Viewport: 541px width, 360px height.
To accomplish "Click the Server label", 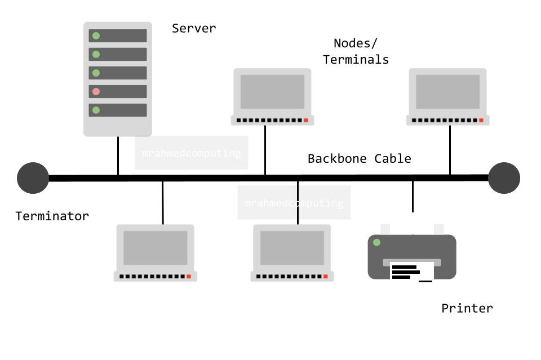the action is (x=193, y=28).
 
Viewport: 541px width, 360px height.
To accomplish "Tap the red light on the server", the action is (x=96, y=91).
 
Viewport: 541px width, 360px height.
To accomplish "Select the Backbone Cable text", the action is (x=359, y=158).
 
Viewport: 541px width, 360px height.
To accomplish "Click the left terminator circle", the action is (x=33, y=178).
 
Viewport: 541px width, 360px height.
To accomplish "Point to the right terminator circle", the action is (x=504, y=178).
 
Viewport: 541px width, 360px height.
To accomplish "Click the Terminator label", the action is (x=52, y=216).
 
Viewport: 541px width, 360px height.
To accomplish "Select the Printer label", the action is (x=467, y=308).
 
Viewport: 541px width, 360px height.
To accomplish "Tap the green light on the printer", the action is (x=376, y=243).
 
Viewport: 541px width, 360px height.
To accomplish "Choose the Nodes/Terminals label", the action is (x=356, y=51).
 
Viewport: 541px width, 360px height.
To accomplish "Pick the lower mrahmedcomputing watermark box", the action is (x=294, y=203).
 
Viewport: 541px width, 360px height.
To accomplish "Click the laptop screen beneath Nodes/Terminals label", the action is (x=272, y=91).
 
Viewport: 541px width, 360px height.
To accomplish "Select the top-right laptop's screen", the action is (x=447, y=91).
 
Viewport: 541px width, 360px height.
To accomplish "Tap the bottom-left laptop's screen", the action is (x=155, y=247).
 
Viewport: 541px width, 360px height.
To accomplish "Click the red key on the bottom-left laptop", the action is (x=189, y=277).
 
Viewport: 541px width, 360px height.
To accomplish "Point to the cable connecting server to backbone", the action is (x=118, y=155).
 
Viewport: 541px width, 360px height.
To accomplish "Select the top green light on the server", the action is (x=96, y=36).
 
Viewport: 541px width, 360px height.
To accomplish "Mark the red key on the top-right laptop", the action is (x=481, y=120).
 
